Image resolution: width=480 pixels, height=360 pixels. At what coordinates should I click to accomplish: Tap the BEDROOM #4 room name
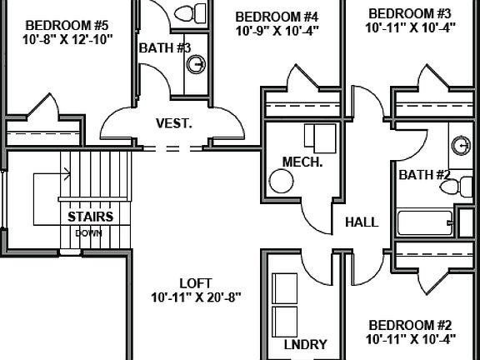[277, 17]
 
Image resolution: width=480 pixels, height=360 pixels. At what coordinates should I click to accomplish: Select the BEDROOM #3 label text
[409, 13]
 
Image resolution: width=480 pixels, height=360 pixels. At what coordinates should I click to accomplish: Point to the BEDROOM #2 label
[410, 324]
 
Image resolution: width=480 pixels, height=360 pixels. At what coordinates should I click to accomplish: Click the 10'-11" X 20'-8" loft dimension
[196, 297]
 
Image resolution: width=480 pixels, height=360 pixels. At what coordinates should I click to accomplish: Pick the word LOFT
[196, 282]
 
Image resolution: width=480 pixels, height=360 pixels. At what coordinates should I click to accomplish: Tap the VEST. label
[173, 123]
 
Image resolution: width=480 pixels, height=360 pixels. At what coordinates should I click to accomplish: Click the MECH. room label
[302, 162]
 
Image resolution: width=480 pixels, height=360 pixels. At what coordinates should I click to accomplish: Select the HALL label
[362, 222]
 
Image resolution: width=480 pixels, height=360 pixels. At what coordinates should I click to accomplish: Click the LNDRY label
[305, 344]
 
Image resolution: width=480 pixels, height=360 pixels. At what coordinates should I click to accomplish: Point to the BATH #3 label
[164, 47]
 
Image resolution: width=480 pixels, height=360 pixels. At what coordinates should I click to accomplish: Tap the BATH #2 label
[424, 175]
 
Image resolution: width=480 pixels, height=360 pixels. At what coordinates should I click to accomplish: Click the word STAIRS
[90, 217]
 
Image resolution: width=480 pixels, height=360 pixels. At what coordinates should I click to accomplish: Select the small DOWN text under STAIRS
[89, 232]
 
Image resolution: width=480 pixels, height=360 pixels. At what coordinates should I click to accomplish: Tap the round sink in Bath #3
[197, 65]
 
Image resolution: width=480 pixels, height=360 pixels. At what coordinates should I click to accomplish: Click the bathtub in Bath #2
[426, 222]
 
